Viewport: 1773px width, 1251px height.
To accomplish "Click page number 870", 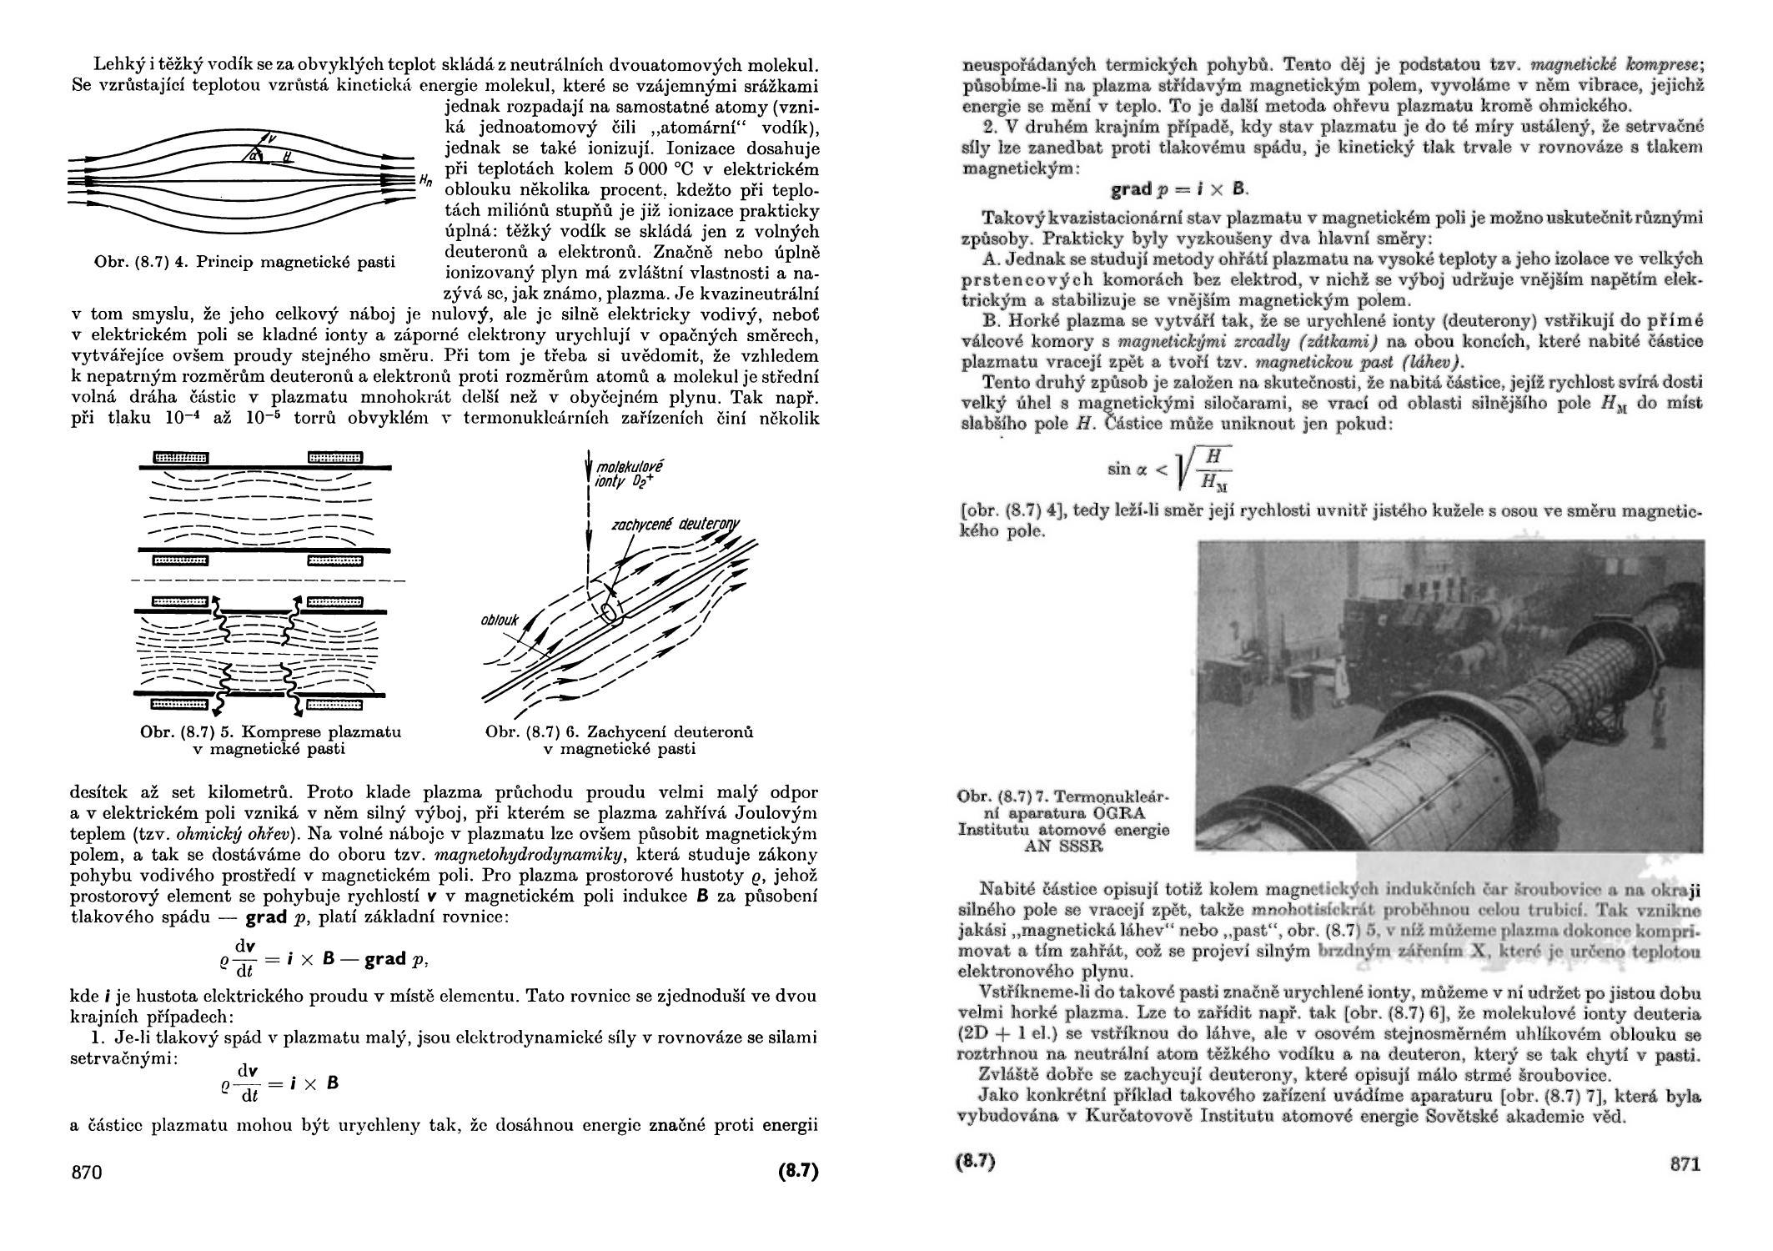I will (87, 1172).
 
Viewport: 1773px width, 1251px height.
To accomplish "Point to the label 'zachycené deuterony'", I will (676, 525).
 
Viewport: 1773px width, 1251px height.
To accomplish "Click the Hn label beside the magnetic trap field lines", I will (425, 179).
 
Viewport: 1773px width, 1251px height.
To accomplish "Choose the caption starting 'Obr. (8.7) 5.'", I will (271, 740).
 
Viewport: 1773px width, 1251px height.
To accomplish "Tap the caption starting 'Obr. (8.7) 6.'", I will (620, 740).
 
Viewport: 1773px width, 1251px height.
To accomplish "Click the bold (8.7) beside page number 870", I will (798, 1171).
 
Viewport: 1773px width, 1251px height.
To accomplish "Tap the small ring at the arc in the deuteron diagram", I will (611, 611).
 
